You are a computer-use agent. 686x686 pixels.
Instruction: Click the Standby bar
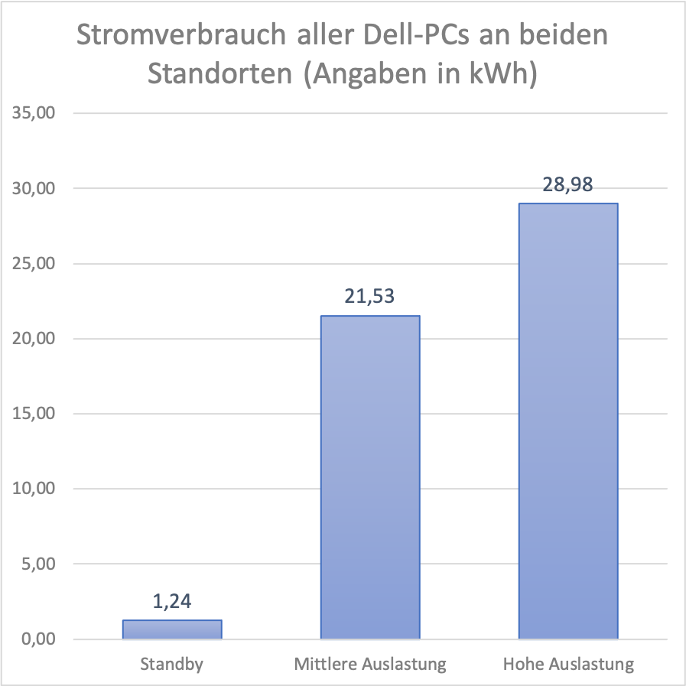(172, 629)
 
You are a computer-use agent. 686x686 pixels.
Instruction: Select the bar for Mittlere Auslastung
(370, 477)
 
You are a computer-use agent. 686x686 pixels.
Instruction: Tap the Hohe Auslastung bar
(568, 421)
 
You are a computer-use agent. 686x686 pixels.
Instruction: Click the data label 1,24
(172, 601)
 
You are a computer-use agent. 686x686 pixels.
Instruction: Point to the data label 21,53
(370, 297)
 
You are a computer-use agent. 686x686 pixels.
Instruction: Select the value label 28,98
(568, 184)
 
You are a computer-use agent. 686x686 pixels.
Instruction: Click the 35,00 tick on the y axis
(33, 113)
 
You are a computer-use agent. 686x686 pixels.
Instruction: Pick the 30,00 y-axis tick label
(33, 188)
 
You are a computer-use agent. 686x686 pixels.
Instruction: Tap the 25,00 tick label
(33, 263)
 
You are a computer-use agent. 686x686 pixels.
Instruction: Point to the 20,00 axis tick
(33, 339)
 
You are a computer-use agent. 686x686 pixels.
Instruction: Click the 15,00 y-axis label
(33, 414)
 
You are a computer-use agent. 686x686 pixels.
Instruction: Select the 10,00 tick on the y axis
(33, 489)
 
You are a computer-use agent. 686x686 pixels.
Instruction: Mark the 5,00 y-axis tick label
(37, 564)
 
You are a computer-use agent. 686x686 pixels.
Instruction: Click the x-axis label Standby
(172, 664)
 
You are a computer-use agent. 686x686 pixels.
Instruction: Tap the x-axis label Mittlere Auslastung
(370, 664)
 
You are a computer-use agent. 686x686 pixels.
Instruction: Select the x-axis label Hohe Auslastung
(568, 664)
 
